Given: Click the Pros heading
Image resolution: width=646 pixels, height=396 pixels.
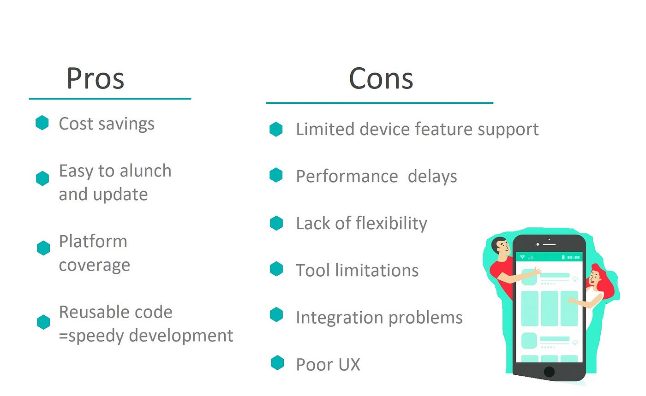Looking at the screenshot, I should pyautogui.click(x=95, y=78).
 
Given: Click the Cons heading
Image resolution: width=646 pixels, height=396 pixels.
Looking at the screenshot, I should pyautogui.click(x=381, y=78).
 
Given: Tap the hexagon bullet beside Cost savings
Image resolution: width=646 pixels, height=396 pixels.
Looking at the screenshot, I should pyautogui.click(x=42, y=123).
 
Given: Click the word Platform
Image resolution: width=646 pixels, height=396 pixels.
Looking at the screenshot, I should pyautogui.click(x=93, y=242).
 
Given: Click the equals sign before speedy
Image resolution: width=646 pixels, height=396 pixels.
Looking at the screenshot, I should pyautogui.click(x=63, y=336).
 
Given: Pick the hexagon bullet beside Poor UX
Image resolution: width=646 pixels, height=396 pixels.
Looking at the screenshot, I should pyautogui.click(x=277, y=363).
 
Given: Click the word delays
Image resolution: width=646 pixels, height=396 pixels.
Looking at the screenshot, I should pyautogui.click(x=432, y=177).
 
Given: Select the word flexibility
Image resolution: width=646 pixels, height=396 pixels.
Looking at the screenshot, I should pyautogui.click(x=391, y=224).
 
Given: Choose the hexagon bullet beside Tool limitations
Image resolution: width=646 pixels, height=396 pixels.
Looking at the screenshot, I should pyautogui.click(x=276, y=269).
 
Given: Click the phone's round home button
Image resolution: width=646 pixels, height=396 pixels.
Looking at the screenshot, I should pyautogui.click(x=549, y=372).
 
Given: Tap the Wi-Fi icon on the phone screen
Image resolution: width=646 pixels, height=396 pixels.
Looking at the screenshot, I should pyautogui.click(x=522, y=257).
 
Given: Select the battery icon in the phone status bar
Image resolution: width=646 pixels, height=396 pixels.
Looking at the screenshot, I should pyautogui.click(x=563, y=257).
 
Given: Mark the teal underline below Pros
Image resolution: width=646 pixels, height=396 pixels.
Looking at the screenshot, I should pyautogui.click(x=110, y=98).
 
